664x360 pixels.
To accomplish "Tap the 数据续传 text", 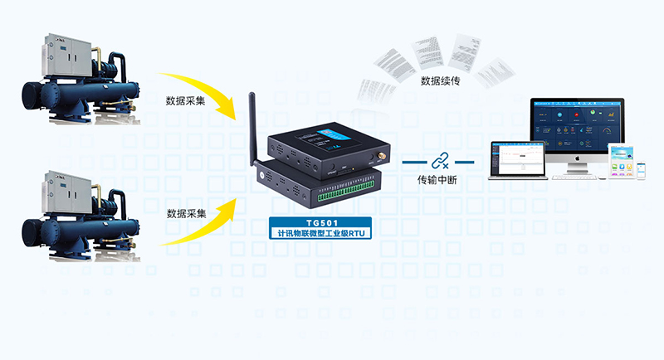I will [440, 81].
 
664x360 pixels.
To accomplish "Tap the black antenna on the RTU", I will [250, 124].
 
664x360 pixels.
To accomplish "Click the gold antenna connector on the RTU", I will [384, 155].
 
